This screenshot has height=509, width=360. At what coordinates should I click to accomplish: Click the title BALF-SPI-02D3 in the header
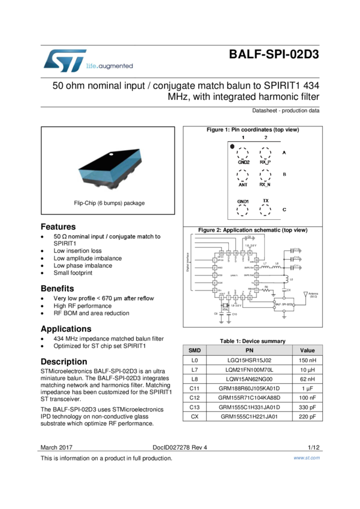coord(274,55)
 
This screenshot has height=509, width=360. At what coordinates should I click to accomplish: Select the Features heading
coord(58,227)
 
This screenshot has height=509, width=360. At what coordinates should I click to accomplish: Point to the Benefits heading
coord(58,289)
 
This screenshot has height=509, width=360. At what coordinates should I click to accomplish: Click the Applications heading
coord(66,329)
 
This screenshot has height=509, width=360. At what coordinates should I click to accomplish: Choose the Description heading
coord(63,362)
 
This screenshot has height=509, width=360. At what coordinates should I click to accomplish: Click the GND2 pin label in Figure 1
coord(244,162)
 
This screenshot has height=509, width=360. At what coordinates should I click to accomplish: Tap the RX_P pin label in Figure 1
coord(265,162)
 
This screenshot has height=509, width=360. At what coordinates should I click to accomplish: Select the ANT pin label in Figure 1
coord(243,185)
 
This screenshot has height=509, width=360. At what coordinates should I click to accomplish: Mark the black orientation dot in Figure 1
coord(232,146)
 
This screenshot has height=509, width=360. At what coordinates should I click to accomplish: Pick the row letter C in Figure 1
coord(284,210)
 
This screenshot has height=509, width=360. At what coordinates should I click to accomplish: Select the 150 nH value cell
coord(307,360)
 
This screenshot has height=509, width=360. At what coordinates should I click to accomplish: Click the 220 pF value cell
coord(307,416)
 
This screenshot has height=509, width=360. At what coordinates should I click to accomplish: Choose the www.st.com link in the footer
coord(306,458)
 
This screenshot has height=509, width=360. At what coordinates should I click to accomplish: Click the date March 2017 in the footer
coord(56,447)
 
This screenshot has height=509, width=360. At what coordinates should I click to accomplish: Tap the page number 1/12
coord(313,447)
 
